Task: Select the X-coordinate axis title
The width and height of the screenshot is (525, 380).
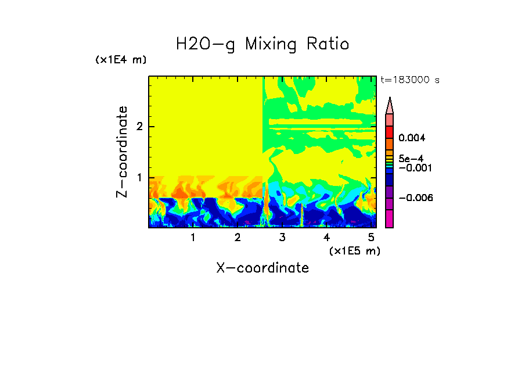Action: [x=262, y=268]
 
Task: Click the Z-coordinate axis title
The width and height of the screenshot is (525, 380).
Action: [x=123, y=152]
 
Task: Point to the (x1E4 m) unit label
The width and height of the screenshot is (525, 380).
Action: [x=121, y=60]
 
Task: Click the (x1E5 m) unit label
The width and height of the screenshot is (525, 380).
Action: [x=354, y=250]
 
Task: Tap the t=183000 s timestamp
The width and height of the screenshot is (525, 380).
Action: [x=409, y=80]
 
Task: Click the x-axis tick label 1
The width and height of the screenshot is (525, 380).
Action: [x=193, y=238]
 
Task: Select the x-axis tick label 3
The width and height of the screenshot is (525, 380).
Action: [x=282, y=238]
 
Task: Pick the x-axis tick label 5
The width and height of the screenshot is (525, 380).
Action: [x=371, y=238]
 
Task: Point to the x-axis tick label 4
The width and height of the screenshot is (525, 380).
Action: [x=326, y=238]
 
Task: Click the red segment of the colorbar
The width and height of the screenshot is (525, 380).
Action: [x=390, y=132]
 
